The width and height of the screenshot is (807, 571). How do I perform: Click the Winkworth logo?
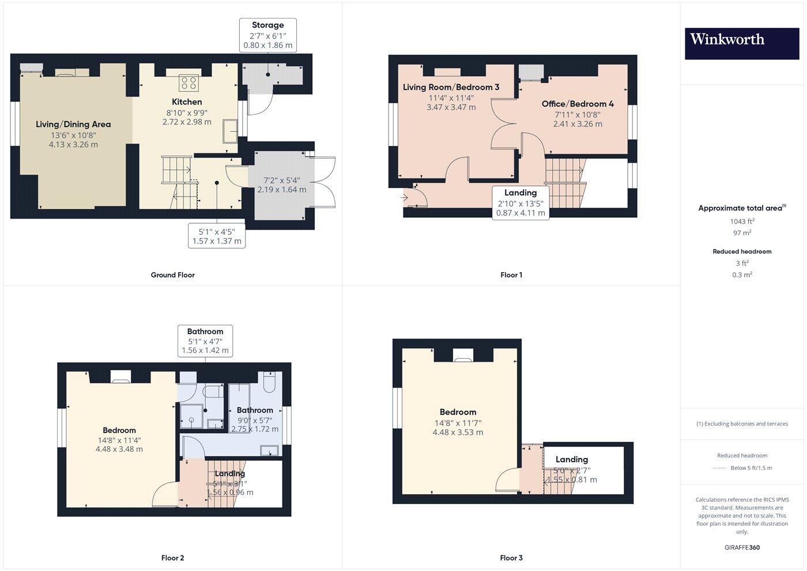tap(741, 44)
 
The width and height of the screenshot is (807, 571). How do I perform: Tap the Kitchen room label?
tap(187, 102)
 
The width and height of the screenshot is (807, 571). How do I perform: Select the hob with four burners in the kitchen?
tap(188, 83)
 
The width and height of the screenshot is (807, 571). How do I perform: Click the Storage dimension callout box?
tap(268, 35)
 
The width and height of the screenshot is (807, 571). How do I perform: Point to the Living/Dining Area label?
tap(73, 124)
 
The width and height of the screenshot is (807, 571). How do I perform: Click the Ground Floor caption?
tap(172, 275)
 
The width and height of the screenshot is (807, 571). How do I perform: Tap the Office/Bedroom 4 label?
tap(577, 104)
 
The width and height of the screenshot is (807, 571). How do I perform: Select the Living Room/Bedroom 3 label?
tap(451, 87)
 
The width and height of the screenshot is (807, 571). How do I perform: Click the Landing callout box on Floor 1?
tap(521, 202)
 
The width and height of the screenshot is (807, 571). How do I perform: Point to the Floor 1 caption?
tap(511, 275)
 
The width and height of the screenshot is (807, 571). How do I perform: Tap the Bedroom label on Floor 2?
tap(119, 430)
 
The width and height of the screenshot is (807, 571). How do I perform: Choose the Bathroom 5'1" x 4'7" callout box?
tap(205, 341)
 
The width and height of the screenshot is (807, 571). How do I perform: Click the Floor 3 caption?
tap(511, 558)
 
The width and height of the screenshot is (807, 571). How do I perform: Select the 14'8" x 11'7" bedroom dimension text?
tap(458, 422)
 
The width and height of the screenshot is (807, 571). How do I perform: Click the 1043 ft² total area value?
tap(742, 221)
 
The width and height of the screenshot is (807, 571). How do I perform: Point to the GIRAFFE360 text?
tap(742, 547)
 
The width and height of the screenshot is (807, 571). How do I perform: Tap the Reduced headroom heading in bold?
tap(742, 251)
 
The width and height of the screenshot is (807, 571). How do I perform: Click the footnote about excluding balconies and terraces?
tap(742, 424)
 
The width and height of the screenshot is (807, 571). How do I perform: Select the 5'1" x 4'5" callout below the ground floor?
tap(217, 236)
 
